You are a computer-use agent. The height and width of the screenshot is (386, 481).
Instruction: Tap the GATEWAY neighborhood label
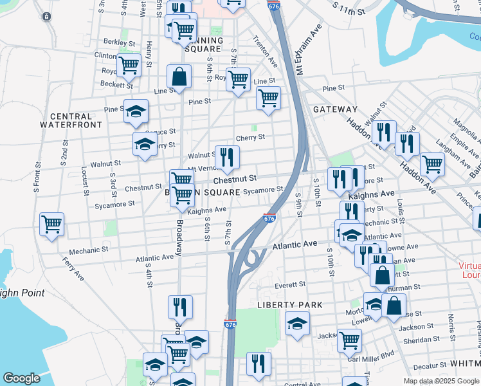point(335,110)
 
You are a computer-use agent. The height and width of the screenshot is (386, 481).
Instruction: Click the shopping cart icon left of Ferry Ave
point(51,225)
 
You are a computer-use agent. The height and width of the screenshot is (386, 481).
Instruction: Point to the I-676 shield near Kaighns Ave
point(270,219)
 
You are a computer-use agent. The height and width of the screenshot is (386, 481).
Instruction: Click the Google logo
point(22,378)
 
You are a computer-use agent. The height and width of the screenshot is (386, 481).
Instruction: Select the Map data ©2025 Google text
point(440,381)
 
